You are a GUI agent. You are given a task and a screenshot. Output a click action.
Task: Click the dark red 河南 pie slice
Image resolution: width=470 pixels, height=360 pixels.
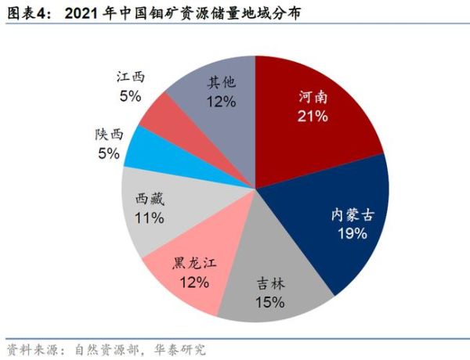coord(313,117)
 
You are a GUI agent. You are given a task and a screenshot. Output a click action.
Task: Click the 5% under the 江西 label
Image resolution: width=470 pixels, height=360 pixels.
coord(130,96)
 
